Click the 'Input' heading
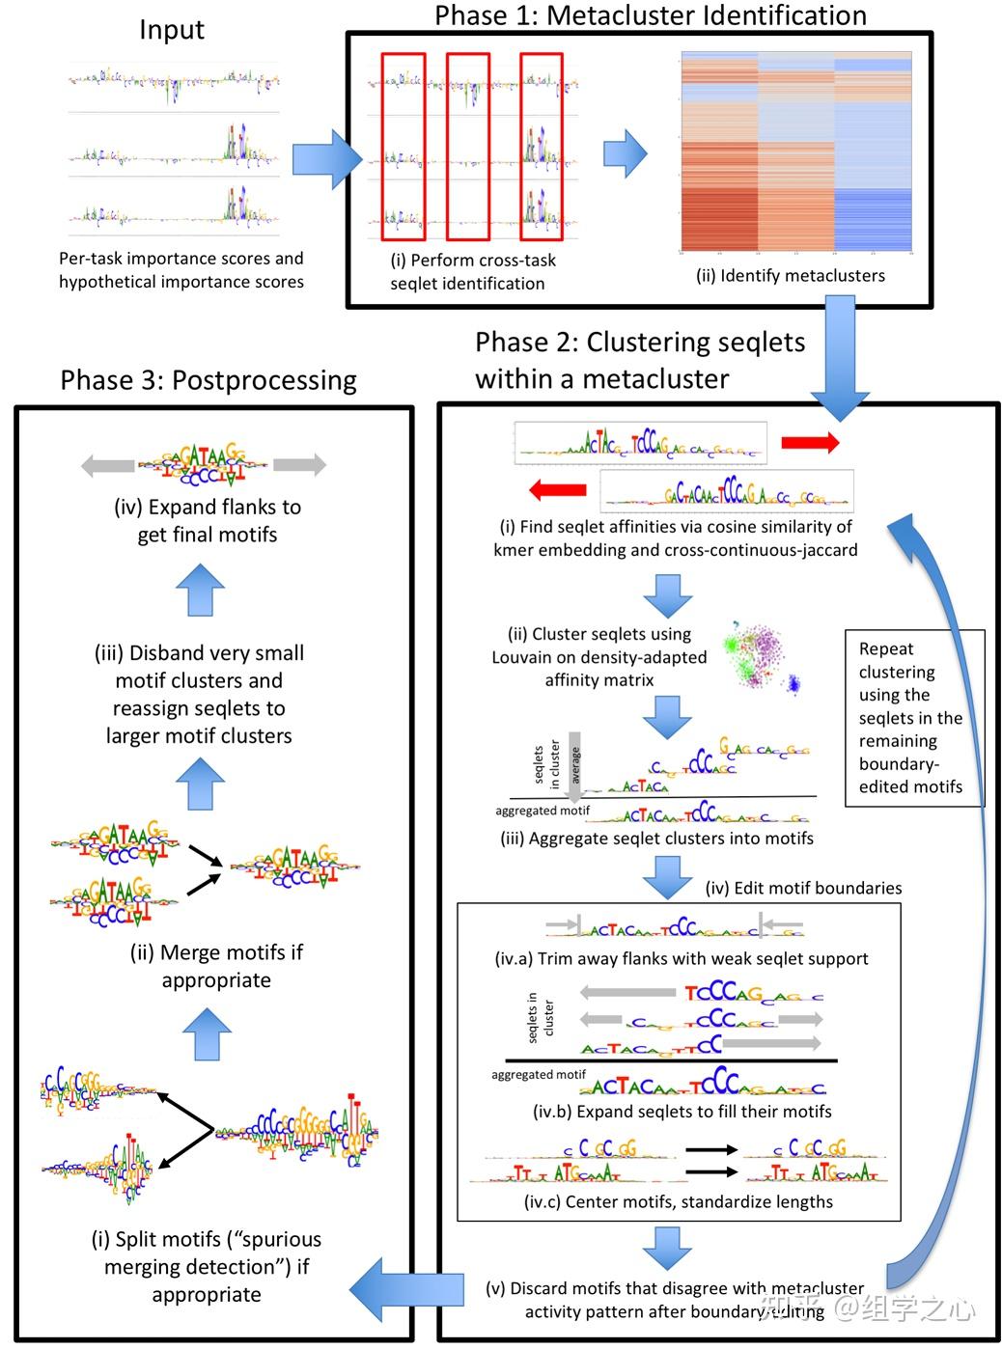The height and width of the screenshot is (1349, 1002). click(172, 30)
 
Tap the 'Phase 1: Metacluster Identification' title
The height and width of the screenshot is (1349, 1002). click(651, 15)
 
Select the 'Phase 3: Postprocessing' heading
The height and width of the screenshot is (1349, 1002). click(209, 380)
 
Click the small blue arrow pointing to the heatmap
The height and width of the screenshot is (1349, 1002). click(625, 154)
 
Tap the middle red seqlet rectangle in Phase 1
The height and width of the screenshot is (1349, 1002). click(468, 146)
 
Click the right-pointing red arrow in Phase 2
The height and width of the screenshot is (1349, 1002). click(810, 442)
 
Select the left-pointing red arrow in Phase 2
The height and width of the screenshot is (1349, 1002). click(558, 489)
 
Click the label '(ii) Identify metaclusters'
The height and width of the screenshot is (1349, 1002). click(791, 276)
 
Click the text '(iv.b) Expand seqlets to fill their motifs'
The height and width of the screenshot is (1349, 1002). click(682, 1112)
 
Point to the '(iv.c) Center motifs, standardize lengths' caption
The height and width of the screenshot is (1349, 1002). click(678, 1202)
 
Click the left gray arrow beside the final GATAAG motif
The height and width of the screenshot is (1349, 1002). click(108, 466)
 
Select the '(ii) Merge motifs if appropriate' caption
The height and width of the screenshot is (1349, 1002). click(216, 966)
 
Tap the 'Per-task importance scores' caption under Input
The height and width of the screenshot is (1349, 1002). click(181, 270)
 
